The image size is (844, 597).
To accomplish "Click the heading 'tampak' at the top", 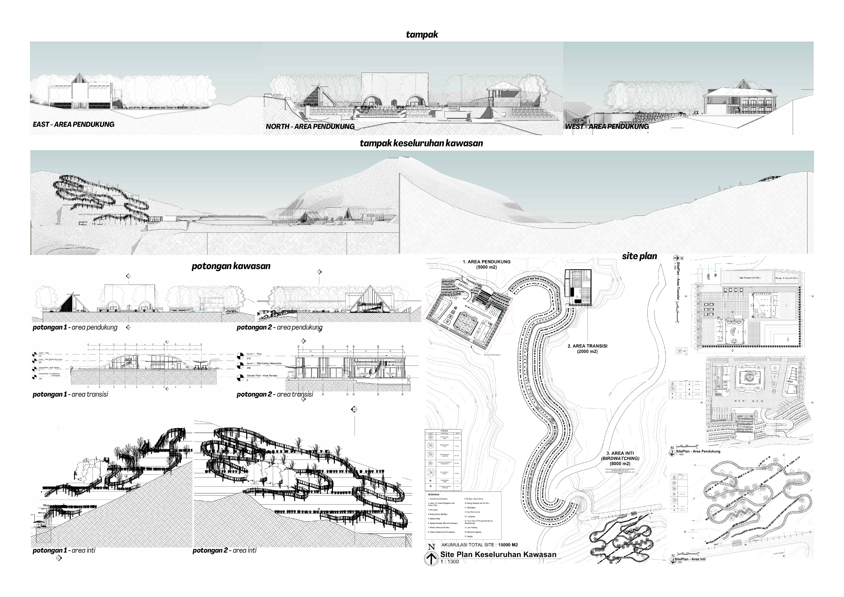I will click(x=422, y=34).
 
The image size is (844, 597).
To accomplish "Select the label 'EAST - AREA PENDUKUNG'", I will click(x=74, y=124).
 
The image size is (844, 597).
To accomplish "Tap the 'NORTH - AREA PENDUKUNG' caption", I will click(x=310, y=127).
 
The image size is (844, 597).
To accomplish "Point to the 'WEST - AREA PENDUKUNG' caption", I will click(x=607, y=127).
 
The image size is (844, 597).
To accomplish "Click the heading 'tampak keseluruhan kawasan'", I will click(x=421, y=143).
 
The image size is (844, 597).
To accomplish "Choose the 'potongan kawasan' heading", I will click(x=231, y=266).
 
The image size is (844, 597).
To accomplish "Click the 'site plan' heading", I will click(x=639, y=256).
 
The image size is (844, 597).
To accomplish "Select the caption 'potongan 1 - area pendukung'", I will click(x=75, y=327).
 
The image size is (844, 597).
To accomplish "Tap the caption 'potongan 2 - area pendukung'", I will click(x=280, y=327).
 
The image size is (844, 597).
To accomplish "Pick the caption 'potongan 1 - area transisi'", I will click(x=70, y=394).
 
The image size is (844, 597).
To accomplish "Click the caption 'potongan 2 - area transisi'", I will click(x=275, y=394).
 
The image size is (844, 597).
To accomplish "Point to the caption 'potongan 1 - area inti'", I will click(x=64, y=550).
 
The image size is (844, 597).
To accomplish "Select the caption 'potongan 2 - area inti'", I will click(x=224, y=550).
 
